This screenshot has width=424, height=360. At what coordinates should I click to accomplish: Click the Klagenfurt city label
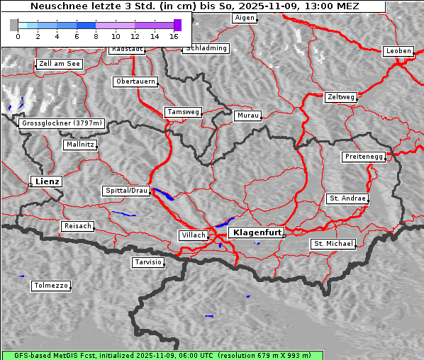[x=258, y=232]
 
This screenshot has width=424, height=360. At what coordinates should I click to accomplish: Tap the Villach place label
[x=194, y=235]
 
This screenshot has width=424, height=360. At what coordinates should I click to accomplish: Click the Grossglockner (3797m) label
[x=62, y=123]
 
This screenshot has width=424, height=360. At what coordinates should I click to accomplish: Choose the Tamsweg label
[x=184, y=112]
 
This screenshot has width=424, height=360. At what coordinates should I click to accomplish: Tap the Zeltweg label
[x=341, y=96]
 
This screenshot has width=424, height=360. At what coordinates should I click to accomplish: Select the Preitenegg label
[x=364, y=157]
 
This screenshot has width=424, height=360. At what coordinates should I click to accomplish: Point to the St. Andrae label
[x=347, y=198]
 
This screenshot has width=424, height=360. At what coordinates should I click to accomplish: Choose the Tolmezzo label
[x=51, y=286]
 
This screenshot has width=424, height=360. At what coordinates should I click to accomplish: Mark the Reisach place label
[x=78, y=226]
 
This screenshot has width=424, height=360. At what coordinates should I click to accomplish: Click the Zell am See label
[x=60, y=64]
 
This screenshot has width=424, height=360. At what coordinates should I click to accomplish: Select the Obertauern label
[x=135, y=81]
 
